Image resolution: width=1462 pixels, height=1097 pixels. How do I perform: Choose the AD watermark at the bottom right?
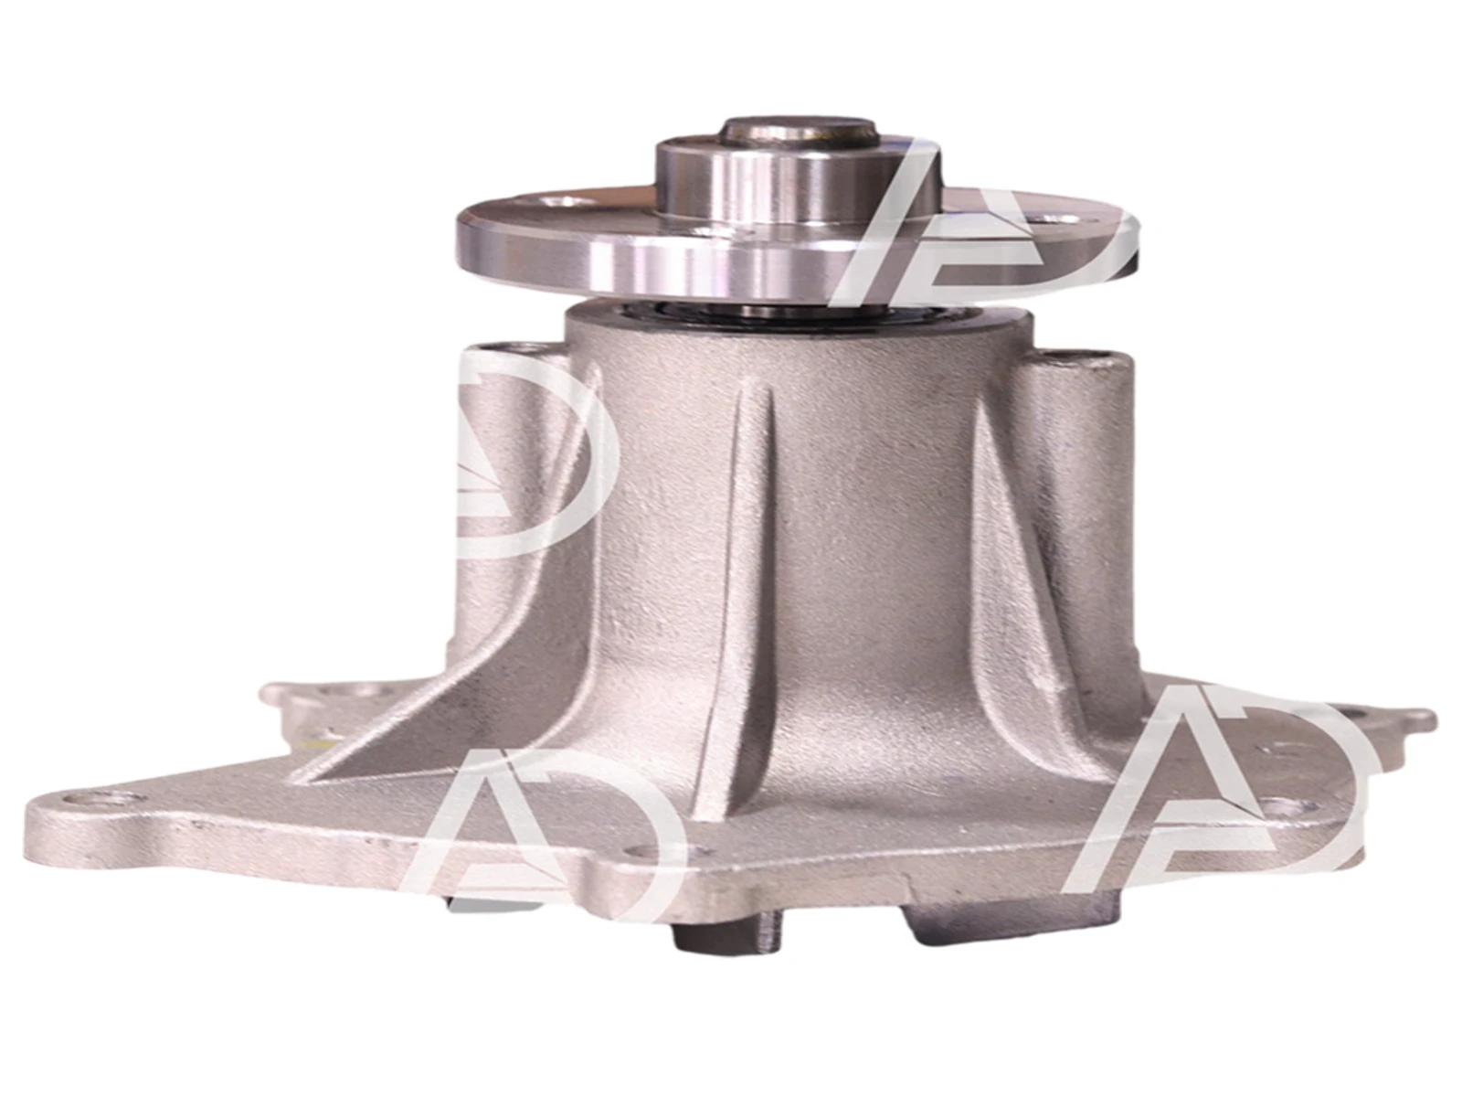tap(1215, 795)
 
